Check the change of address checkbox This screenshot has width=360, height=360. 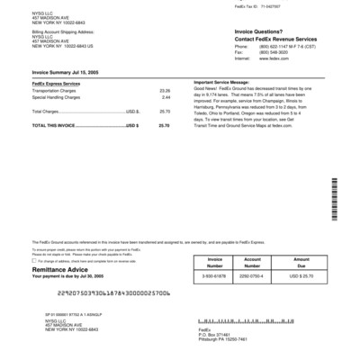coord(34,261)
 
